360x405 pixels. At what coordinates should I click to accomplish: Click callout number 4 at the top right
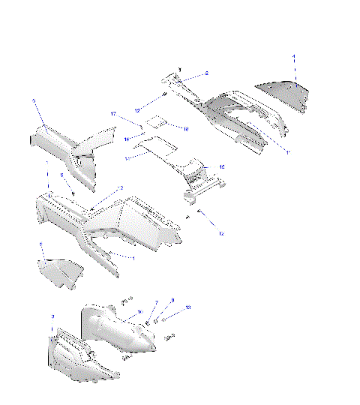[x=294, y=57]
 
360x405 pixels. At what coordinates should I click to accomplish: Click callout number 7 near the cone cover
[x=156, y=303]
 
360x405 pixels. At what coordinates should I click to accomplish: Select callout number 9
[x=172, y=301]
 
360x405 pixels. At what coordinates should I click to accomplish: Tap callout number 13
[x=188, y=307]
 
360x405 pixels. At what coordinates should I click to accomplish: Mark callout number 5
[x=42, y=244]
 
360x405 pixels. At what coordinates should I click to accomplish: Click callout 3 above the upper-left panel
[x=34, y=100]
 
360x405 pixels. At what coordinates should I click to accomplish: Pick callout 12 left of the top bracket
[x=137, y=109]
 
